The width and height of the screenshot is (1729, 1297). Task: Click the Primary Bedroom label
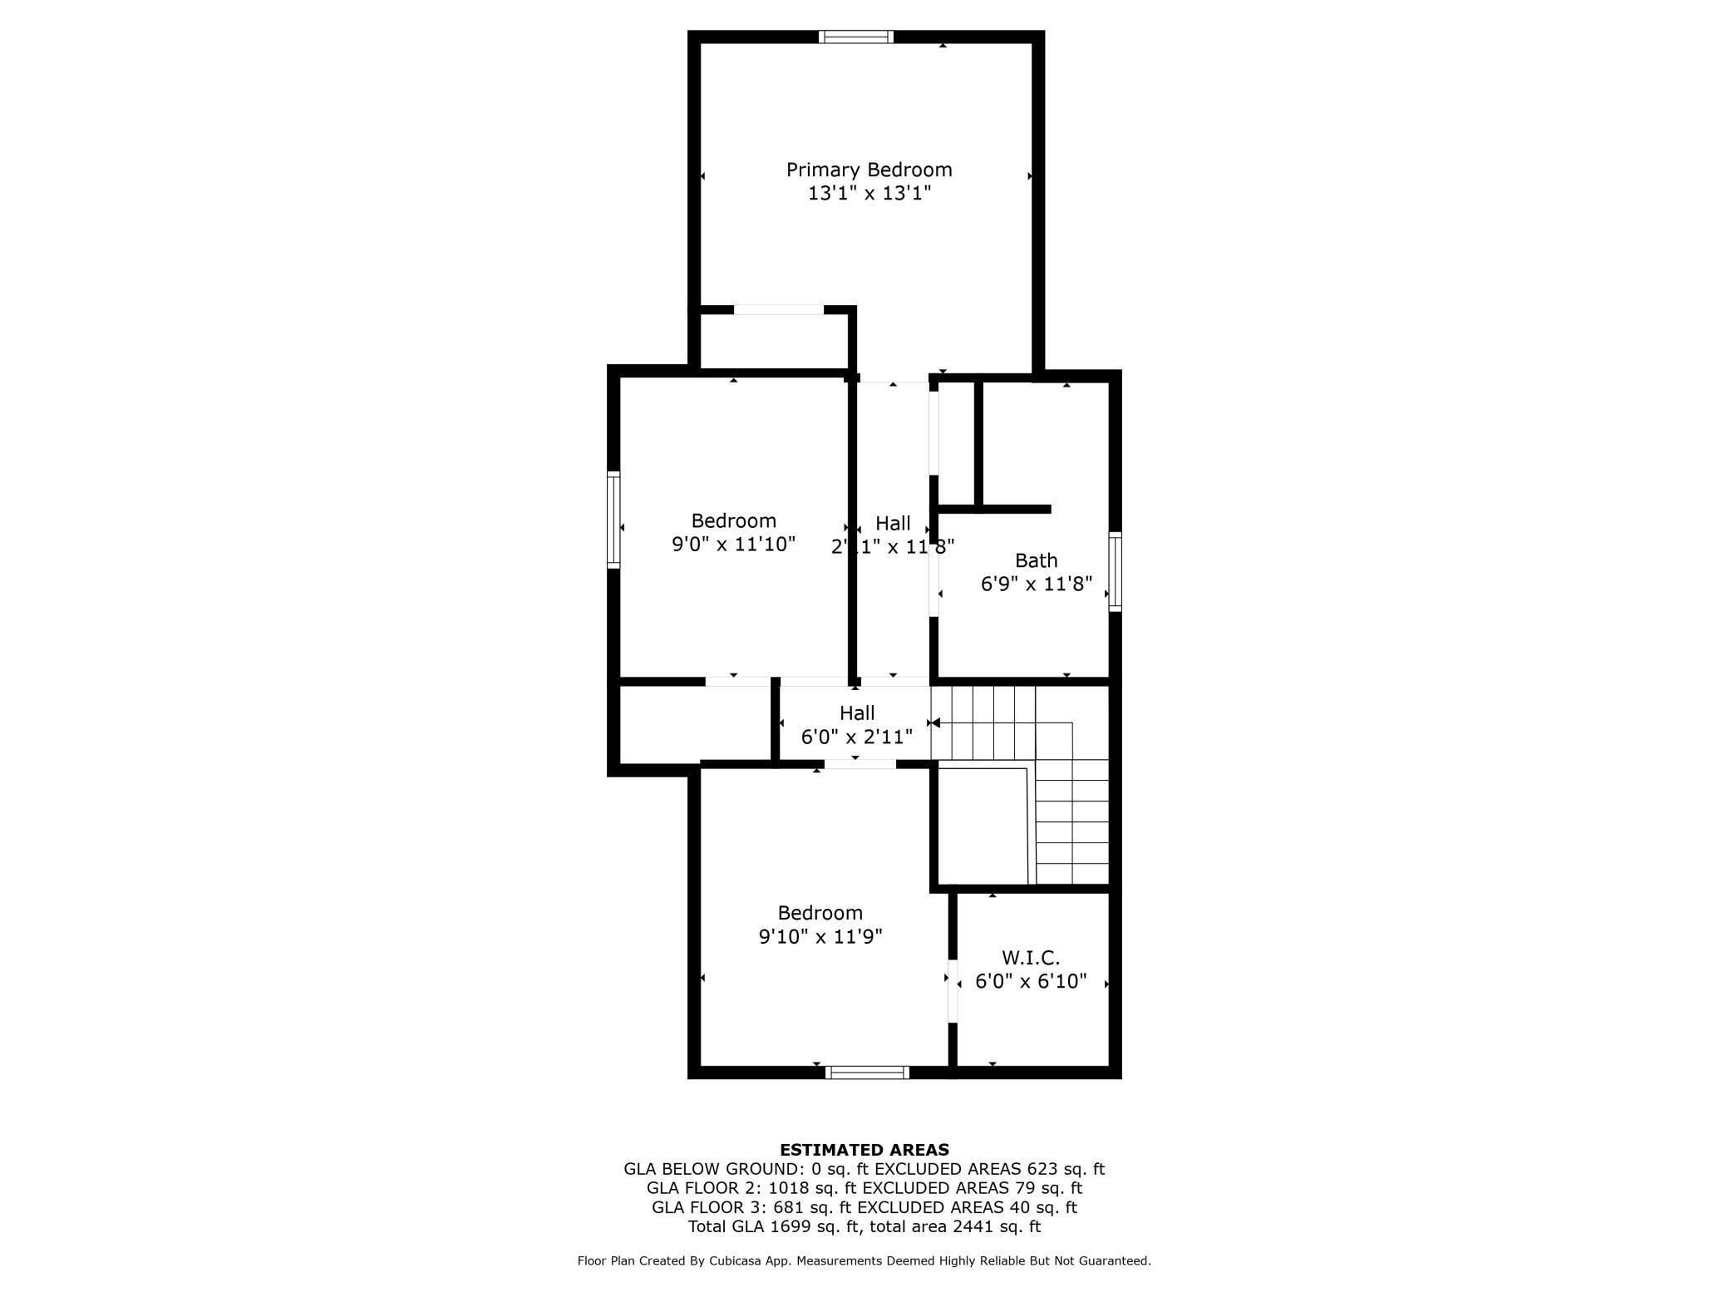(869, 170)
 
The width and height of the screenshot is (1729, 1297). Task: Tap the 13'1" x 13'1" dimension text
(869, 194)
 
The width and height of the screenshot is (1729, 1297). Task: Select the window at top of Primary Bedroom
(855, 37)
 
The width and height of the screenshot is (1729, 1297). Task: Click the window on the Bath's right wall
(1115, 571)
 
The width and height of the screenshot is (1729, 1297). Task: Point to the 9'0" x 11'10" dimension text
(733, 545)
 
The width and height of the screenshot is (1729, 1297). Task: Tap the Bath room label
(1036, 560)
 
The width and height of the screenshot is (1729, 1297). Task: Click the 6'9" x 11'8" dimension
(1036, 584)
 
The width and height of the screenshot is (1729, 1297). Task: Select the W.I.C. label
(1030, 958)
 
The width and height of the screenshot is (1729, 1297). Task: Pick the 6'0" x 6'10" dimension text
(1030, 982)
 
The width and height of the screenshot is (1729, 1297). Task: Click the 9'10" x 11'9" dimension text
(820, 937)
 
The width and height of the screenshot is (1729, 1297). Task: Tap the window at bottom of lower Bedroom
(867, 1073)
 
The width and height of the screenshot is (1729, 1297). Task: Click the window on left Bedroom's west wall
(613, 520)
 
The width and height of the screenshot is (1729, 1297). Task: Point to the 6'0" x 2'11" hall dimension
(856, 737)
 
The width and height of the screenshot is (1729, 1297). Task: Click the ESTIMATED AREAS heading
(864, 1151)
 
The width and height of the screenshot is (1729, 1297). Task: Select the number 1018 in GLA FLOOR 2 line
(789, 1188)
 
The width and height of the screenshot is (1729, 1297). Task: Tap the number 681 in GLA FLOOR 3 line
(790, 1207)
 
